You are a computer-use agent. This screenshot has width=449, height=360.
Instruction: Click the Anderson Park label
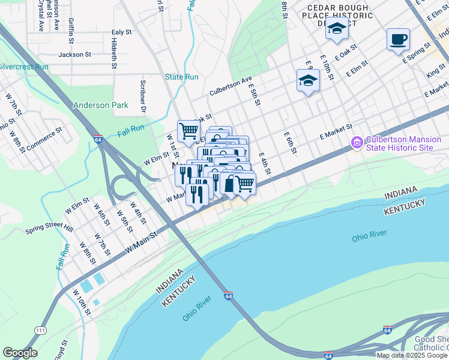(101, 105)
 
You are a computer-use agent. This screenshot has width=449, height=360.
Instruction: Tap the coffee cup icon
(398, 40)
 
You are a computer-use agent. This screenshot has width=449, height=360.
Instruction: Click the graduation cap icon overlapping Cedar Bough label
(337, 28)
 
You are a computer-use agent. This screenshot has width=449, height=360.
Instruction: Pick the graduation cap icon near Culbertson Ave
(308, 80)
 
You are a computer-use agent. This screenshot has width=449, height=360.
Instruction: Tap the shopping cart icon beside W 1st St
(188, 131)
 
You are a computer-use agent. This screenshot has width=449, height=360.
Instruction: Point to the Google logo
(20, 353)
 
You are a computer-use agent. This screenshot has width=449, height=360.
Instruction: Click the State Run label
(182, 77)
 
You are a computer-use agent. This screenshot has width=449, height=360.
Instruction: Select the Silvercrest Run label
(23, 67)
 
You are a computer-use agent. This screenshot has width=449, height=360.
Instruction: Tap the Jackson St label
(74, 55)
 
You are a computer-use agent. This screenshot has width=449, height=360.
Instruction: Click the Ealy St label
(122, 32)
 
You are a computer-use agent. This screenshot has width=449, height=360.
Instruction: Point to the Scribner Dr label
(143, 97)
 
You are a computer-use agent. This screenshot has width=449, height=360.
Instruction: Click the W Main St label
(140, 241)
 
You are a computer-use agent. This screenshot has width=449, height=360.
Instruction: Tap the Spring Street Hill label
(49, 229)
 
